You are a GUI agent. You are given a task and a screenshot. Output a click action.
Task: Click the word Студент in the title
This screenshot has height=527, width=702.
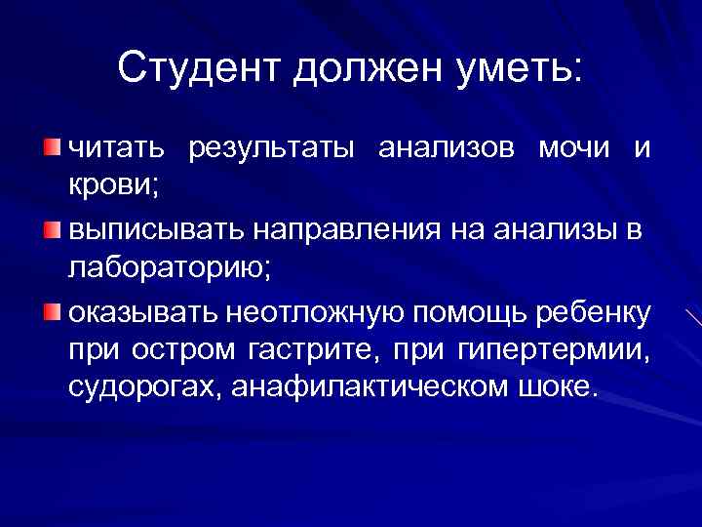[x=196, y=67]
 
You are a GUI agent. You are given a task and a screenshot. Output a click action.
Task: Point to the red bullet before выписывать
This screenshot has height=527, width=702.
[x=51, y=229]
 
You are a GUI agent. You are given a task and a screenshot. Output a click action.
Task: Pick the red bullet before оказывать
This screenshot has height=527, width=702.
[x=51, y=312]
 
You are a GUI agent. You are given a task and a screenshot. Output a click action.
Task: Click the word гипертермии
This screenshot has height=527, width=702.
[x=552, y=348]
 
